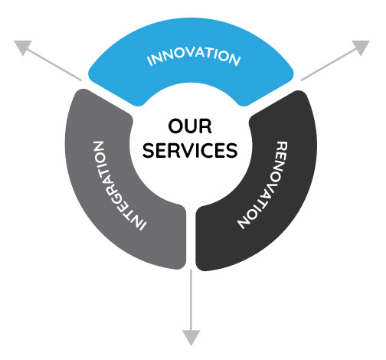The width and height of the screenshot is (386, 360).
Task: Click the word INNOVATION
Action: (x=194, y=57)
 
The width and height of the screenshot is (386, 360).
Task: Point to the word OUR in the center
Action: (x=190, y=126)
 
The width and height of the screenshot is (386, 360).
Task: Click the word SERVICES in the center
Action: (x=190, y=150)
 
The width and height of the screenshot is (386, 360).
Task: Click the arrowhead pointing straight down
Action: (x=191, y=338)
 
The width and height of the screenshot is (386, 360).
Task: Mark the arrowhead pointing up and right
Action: (x=361, y=46)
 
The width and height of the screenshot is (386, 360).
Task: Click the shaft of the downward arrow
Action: (x=191, y=300)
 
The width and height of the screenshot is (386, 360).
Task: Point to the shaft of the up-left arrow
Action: (x=54, y=64)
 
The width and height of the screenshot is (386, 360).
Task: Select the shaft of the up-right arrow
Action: (x=329, y=64)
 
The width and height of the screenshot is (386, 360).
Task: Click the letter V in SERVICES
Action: (x=190, y=150)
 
